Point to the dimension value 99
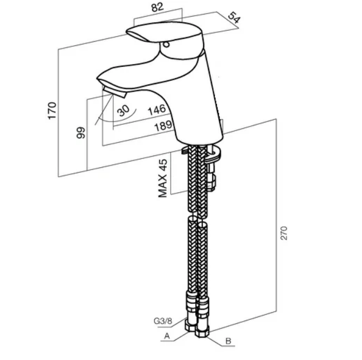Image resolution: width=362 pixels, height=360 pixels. [80, 133]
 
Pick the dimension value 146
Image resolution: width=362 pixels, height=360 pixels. [157, 110]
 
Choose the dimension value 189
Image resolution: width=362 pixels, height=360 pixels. [163, 127]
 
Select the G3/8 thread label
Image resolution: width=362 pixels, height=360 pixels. [162, 321]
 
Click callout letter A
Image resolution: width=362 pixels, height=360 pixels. [166, 335]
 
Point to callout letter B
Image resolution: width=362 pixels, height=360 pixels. [228, 341]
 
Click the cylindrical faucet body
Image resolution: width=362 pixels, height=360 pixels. [198, 106]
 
